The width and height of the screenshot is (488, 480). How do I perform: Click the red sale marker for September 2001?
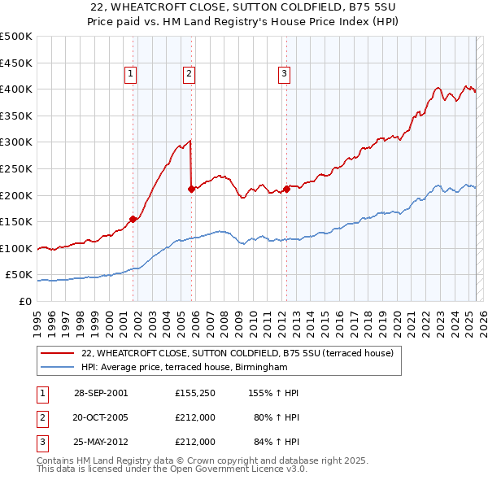pos(133,218)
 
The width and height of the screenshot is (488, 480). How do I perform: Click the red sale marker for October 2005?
pos(191,189)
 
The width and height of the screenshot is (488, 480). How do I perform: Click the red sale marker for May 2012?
pos(286,189)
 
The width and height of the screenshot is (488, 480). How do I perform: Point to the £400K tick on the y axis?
pos(16,89)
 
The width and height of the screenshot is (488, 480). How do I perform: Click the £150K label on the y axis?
pos(16,221)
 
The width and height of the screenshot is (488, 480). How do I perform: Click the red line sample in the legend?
pos(59,353)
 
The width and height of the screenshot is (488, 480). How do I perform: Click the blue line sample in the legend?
pos(59,367)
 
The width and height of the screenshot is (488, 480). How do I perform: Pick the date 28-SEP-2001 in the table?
pos(101,393)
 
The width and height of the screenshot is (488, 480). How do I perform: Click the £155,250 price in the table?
pos(194,393)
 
